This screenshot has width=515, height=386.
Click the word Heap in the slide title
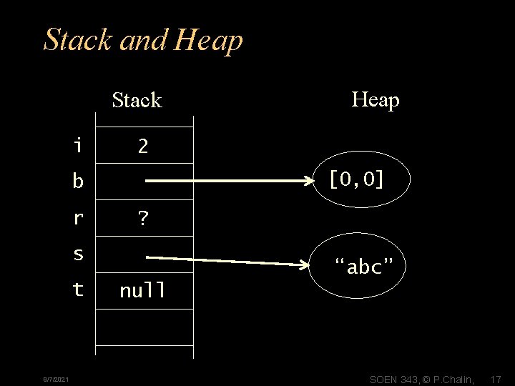pyautogui.click(x=208, y=41)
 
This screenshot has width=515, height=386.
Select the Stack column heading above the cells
pyautogui.click(x=137, y=100)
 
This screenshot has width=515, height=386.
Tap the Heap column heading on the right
pyautogui.click(x=376, y=100)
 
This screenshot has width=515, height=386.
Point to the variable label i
pyautogui.click(x=77, y=147)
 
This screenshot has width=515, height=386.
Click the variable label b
pyautogui.click(x=77, y=182)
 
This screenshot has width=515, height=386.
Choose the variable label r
pyautogui.click(x=77, y=219)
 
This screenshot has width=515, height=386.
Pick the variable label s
pyautogui.click(x=77, y=254)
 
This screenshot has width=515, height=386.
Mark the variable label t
pyautogui.click(x=77, y=290)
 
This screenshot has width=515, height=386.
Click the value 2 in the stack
pyautogui.click(x=143, y=147)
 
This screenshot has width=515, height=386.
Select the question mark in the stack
pyautogui.click(x=143, y=219)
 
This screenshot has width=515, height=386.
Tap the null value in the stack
pyautogui.click(x=143, y=291)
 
